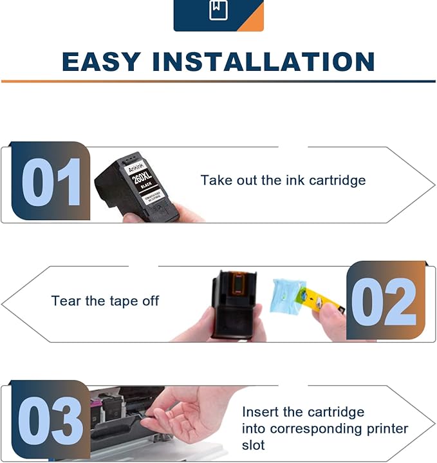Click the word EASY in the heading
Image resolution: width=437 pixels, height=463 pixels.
102,62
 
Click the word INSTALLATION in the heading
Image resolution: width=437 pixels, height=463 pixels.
263,62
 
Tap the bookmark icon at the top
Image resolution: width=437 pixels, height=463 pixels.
218,11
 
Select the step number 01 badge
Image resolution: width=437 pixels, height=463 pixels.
51,181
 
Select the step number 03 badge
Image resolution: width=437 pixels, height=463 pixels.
51,420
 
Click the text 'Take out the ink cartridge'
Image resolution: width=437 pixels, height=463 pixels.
283,180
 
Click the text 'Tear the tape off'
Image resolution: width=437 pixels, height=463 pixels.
105,301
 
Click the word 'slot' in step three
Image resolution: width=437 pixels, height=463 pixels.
254,445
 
